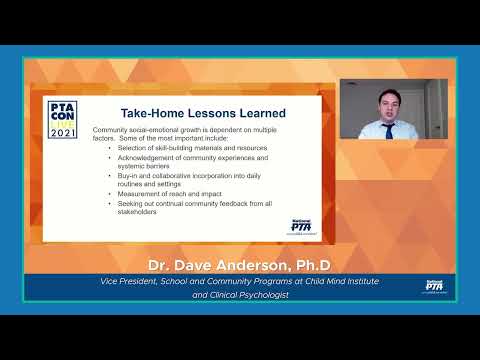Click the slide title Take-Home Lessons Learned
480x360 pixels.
pyautogui.click(x=203, y=114)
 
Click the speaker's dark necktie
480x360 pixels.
pyautogui.click(x=389, y=130)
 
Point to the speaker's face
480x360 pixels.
pyautogui.click(x=387, y=103)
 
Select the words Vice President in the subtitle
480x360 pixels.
pyautogui.click(x=126, y=281)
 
